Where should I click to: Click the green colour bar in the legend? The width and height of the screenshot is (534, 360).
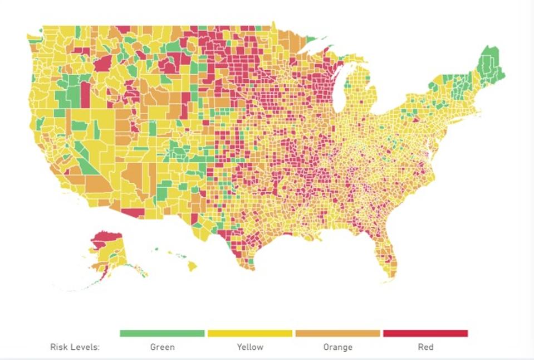tap(162, 333)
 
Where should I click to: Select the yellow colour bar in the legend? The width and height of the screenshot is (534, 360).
tap(249, 333)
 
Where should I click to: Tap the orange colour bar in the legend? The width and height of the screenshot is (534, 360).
tap(337, 333)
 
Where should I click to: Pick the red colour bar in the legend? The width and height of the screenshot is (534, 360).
tap(425, 333)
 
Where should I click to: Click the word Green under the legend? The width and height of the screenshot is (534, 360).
tap(162, 347)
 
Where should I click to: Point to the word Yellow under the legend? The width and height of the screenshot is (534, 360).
tap(250, 347)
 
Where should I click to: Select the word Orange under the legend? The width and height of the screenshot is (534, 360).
tap(337, 347)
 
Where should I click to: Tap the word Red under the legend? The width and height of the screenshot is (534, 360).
tap(425, 347)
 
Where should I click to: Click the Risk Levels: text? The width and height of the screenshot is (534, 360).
tap(75, 347)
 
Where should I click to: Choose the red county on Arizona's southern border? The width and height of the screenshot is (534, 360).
tap(133, 213)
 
